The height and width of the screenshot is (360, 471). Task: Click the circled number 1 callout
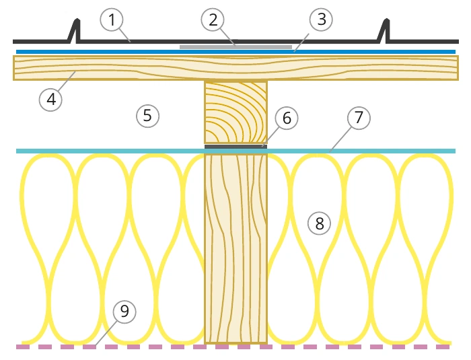[x=112, y=20]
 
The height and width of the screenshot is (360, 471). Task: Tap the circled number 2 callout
[x=213, y=20]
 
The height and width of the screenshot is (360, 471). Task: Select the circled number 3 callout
[x=321, y=20]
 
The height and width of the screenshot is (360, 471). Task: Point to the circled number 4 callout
[x=50, y=100]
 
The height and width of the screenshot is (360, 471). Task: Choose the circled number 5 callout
[x=148, y=116]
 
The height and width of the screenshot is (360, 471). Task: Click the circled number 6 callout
[x=287, y=118]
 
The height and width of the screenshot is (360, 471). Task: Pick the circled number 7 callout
[x=359, y=118]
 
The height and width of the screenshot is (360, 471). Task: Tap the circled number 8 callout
[x=320, y=223]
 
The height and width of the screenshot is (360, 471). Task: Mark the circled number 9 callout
[x=124, y=312]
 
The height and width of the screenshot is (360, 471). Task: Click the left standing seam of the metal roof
[x=75, y=30]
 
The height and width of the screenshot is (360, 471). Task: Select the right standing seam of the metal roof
[x=384, y=30]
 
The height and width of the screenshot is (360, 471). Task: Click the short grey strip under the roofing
[x=235, y=47]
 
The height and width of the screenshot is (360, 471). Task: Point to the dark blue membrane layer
[x=235, y=52]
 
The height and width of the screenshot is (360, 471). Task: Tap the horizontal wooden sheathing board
[x=235, y=68]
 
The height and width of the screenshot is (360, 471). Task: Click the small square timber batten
[x=235, y=112]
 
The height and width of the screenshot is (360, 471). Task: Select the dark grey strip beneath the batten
[x=235, y=147]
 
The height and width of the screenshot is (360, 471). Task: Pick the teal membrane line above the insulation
[x=235, y=151]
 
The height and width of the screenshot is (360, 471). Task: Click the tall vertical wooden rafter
[x=235, y=248]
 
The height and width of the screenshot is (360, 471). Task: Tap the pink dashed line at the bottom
[x=233, y=347]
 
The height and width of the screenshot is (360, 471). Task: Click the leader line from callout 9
[x=106, y=333]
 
